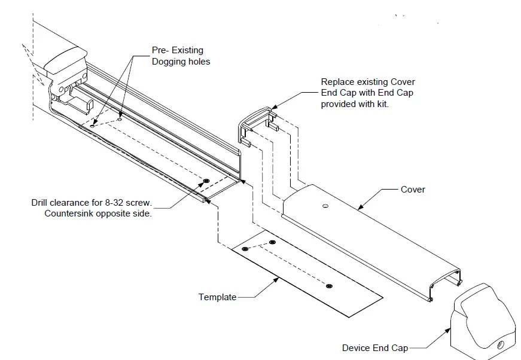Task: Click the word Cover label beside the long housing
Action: tap(413, 190)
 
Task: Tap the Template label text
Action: tap(217, 297)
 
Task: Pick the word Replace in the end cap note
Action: tap(337, 82)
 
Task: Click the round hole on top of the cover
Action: tap(325, 206)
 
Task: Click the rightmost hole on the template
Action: tap(329, 286)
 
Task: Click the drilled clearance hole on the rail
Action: tap(206, 181)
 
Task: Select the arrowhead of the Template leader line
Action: tap(279, 277)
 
